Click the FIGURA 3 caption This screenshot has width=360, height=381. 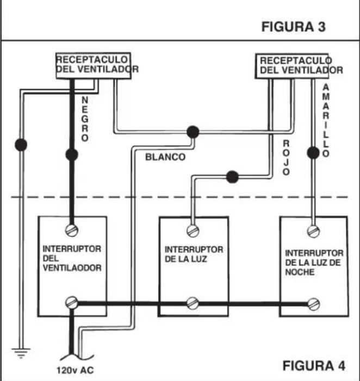(294, 27)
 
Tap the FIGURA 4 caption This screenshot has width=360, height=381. (314, 365)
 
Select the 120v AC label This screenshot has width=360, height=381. (75, 371)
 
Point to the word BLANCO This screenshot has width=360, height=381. (165, 157)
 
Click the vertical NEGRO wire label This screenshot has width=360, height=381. (85, 119)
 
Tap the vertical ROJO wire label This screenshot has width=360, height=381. (286, 158)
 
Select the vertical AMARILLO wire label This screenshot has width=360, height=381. (326, 121)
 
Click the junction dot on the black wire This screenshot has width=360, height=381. (72, 154)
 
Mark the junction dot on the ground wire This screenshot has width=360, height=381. (21, 145)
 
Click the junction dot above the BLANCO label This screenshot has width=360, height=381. (193, 132)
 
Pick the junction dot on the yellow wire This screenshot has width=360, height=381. (313, 153)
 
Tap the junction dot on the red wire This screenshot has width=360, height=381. (232, 177)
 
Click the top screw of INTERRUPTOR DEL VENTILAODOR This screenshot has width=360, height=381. (72, 230)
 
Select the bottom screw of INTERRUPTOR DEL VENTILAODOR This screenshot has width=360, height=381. (72, 303)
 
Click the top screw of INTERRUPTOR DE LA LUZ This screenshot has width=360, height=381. (193, 231)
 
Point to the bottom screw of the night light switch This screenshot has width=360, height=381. (313, 304)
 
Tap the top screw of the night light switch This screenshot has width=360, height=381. (313, 232)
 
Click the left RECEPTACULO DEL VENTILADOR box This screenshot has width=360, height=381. (94, 66)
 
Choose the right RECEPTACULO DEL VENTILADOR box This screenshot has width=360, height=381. (292, 66)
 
